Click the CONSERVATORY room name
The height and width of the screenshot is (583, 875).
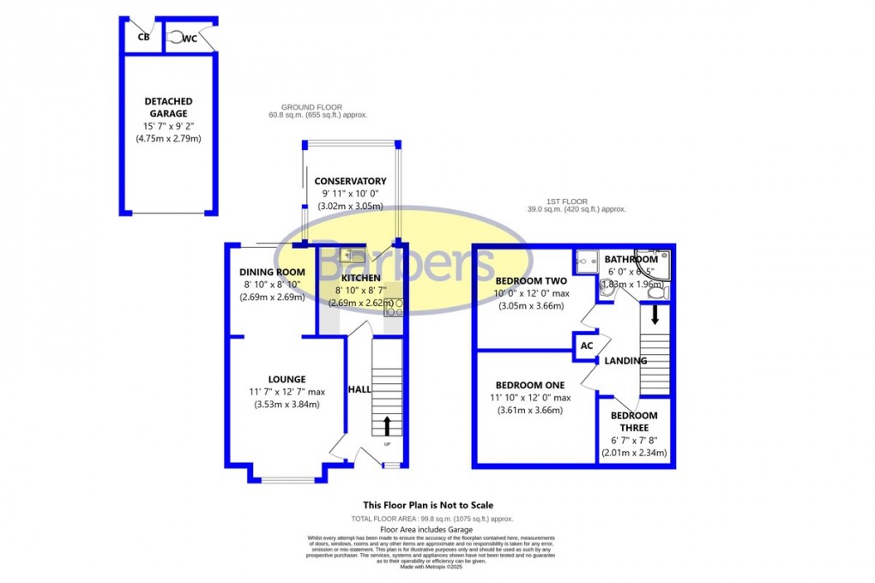tap(350, 181)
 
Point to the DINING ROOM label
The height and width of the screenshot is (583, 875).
tap(271, 273)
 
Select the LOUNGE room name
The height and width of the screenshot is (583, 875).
tap(287, 380)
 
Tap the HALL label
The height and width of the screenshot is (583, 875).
tap(359, 389)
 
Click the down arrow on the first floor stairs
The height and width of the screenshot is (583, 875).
tap(655, 315)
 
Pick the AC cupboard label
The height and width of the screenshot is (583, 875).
tap(587, 346)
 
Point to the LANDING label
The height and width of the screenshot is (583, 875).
tap(625, 361)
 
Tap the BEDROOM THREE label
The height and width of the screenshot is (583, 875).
tap(634, 421)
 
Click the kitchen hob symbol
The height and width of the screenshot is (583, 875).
tap(396, 308)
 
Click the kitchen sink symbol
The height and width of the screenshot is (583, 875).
tap(352, 254)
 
